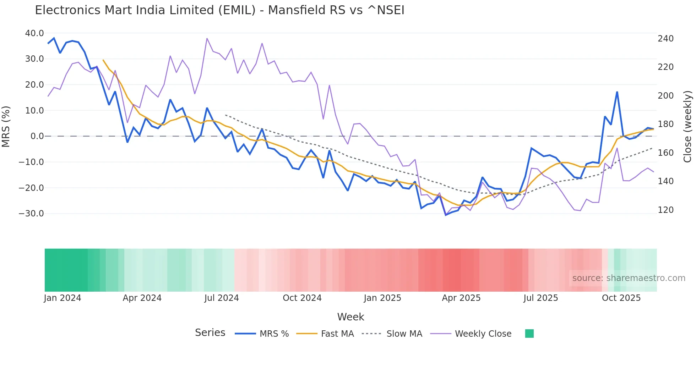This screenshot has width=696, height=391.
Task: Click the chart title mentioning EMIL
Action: pyautogui.click(x=219, y=10)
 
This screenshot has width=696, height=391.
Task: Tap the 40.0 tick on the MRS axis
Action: pyautogui.click(x=34, y=33)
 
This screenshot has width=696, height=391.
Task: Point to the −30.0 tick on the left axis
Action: pyautogui.click(x=31, y=214)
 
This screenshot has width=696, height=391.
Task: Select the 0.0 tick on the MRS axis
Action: pyautogui.click(x=37, y=136)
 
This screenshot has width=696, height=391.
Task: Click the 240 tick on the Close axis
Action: pyautogui.click(x=665, y=39)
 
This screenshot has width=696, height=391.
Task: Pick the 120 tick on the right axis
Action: pyautogui.click(x=665, y=210)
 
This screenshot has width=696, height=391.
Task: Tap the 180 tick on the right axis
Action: pyautogui.click(x=665, y=124)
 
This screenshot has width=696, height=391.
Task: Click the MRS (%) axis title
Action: pyautogui.click(x=6, y=127)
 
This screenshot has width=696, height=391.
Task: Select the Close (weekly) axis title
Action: pyautogui.click(x=687, y=127)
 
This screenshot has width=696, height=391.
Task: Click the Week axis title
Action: pyautogui.click(x=350, y=317)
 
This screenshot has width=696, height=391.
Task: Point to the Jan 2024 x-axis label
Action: pyautogui.click(x=62, y=298)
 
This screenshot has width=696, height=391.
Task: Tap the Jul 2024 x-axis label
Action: pyautogui.click(x=222, y=298)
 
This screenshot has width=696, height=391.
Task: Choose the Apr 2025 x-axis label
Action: pyautogui.click(x=461, y=298)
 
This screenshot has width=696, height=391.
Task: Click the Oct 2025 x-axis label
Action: pyautogui.click(x=621, y=298)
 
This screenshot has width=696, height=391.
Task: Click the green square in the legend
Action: pyautogui.click(x=529, y=334)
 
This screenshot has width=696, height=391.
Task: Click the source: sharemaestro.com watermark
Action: pyautogui.click(x=629, y=278)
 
